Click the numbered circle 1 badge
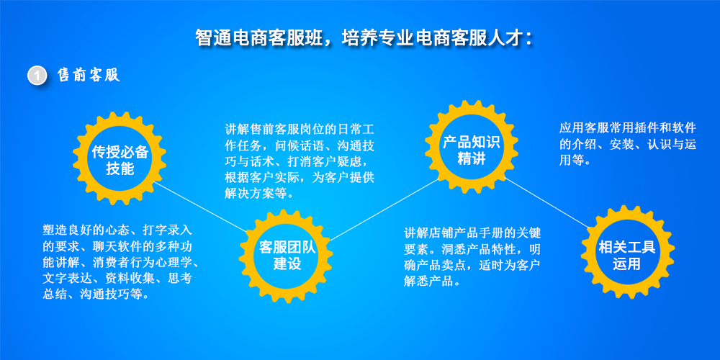point(37,76)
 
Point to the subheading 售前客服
point(89,76)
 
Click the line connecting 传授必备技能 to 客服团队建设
point(199,207)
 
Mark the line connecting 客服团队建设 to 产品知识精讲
point(385,210)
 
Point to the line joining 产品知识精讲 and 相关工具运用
point(546,202)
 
